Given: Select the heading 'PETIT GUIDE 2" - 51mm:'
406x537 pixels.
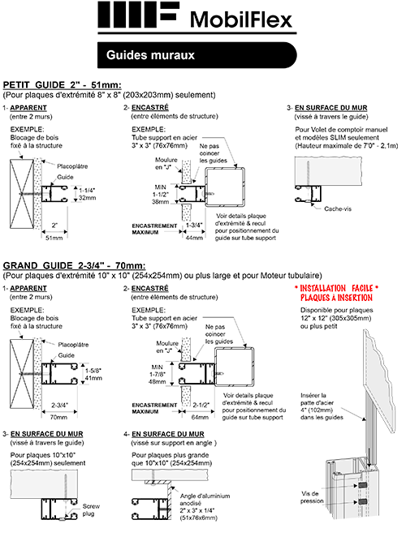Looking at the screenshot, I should [63, 84].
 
